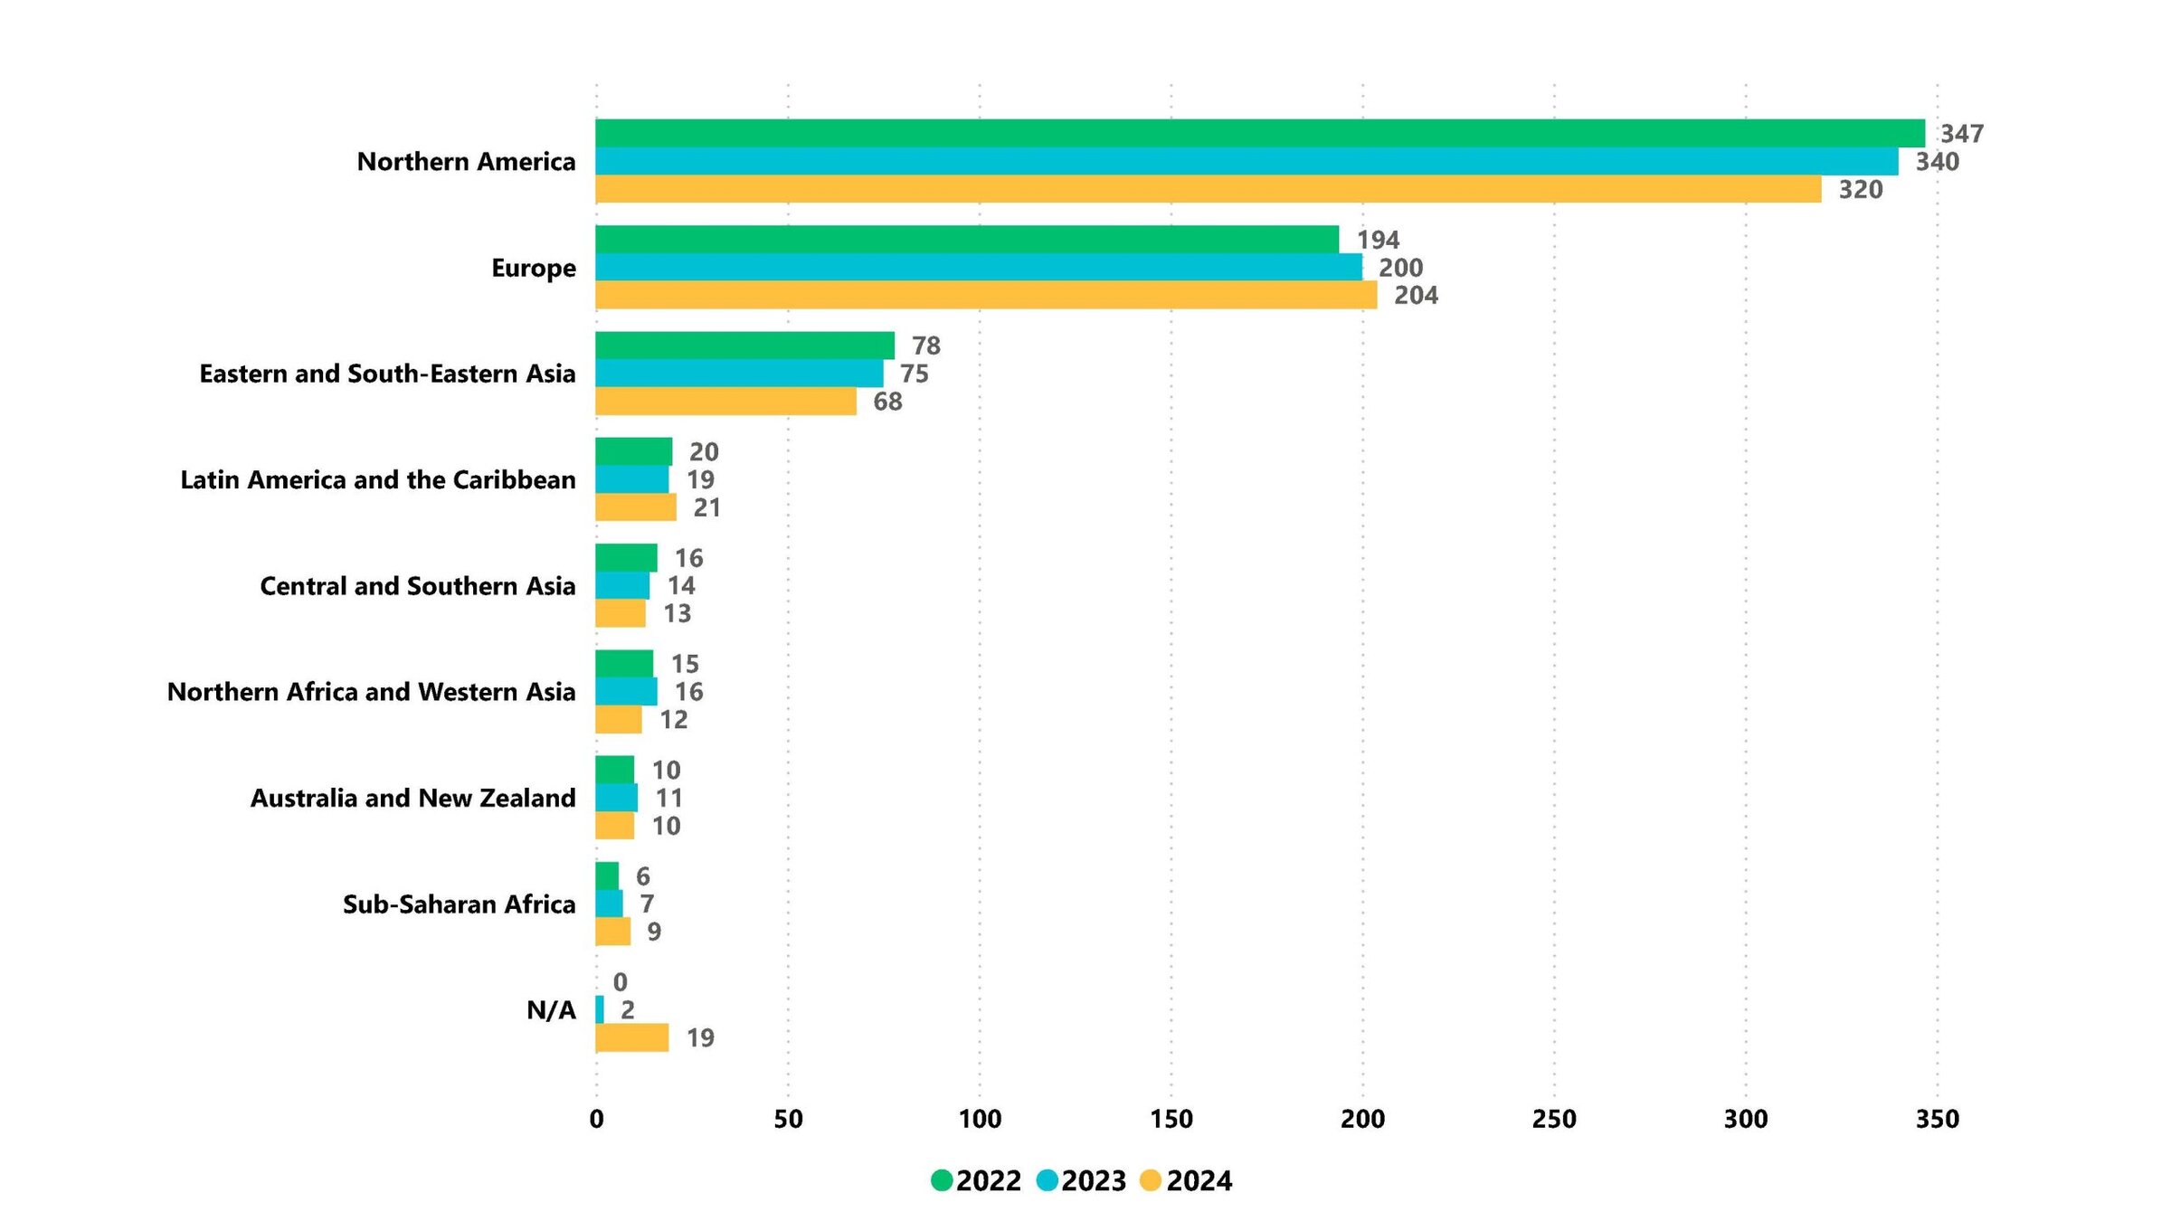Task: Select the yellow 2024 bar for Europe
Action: click(986, 295)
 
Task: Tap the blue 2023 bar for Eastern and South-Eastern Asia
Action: click(739, 373)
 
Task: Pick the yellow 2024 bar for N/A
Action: click(631, 1037)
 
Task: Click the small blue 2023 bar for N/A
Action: click(600, 1009)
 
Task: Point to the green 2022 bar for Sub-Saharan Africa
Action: click(607, 876)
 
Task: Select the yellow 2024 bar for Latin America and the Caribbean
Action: click(635, 507)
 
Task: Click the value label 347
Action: click(1961, 134)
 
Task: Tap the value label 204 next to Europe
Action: click(1416, 296)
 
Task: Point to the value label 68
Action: click(887, 402)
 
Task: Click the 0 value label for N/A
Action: click(620, 982)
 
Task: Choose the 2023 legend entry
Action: click(1082, 1180)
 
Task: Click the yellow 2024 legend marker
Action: click(1150, 1180)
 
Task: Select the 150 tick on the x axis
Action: click(1171, 1120)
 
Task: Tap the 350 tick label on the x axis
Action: click(1937, 1120)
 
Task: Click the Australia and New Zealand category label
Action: click(412, 798)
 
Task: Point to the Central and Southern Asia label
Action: click(417, 586)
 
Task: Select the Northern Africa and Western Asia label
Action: click(371, 692)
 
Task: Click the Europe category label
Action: click(533, 268)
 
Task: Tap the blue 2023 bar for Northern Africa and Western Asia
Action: click(626, 692)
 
